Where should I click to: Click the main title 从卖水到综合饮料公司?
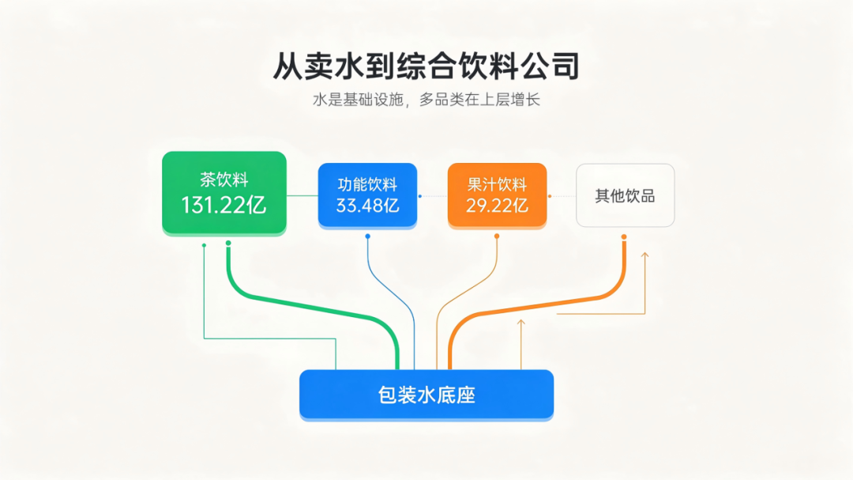426,66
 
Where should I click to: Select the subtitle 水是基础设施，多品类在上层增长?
426,100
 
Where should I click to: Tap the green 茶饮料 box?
224,193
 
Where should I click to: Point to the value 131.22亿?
224,206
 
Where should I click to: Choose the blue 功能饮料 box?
368,195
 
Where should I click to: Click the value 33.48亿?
368,206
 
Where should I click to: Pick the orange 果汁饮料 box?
498,195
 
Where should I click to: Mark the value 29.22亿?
498,206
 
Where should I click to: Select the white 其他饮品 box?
625,195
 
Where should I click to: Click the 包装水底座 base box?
426,395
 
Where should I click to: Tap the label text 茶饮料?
224,180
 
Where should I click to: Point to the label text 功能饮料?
368,185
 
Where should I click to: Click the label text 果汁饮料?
498,185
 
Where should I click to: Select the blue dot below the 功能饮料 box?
368,236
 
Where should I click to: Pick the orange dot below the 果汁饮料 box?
497,236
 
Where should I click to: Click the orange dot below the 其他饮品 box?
624,237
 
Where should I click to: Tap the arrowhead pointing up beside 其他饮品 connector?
644,255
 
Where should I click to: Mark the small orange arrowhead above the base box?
521,323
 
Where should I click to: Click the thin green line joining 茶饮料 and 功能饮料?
302,195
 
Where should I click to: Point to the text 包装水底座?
426,395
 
